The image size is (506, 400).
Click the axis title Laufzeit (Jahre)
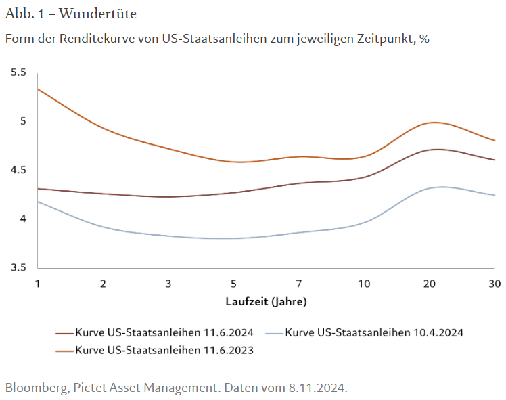coord(266,301)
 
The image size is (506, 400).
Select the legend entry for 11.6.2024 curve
coord(164,332)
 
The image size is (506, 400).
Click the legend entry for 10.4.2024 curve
coord(373,332)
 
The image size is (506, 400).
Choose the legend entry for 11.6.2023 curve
coord(164,350)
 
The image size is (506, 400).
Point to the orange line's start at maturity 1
coord(38,89)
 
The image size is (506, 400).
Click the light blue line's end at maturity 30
coord(495,195)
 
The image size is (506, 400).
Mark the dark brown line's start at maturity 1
coord(38,188)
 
